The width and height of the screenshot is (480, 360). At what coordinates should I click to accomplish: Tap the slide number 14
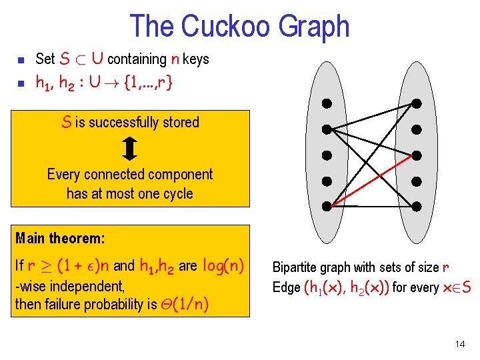[459, 344]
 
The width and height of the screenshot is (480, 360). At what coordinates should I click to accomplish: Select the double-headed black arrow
[130, 148]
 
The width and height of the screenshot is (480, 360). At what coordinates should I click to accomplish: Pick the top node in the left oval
[327, 103]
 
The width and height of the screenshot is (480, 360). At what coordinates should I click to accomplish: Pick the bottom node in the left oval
[327, 206]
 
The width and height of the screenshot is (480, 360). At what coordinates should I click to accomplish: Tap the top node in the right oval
[416, 103]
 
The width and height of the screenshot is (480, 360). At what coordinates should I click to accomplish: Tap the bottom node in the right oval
[416, 206]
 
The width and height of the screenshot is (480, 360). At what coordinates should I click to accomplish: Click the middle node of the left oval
[327, 155]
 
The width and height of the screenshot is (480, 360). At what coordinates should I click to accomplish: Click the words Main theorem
[60, 237]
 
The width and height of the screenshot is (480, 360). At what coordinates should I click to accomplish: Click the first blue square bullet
[20, 60]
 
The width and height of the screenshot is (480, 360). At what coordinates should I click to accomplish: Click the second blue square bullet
[20, 83]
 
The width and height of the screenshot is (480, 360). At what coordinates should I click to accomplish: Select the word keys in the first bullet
[195, 59]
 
